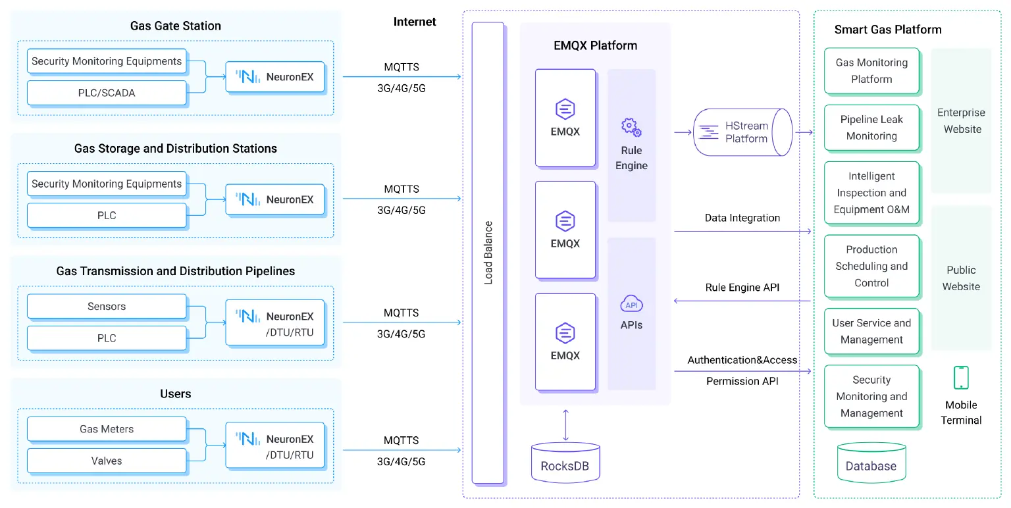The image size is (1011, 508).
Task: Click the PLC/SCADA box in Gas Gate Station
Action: (x=107, y=93)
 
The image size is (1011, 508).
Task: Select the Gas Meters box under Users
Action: (x=107, y=429)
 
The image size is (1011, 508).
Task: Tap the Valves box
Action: (x=107, y=461)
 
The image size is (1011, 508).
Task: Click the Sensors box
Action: (x=107, y=307)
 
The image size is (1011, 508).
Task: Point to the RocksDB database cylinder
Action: (x=565, y=462)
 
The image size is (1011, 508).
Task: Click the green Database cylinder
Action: (x=871, y=462)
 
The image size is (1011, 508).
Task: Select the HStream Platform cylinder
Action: (x=742, y=132)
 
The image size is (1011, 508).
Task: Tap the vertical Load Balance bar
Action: (x=488, y=253)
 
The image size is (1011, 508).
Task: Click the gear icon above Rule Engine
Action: (x=631, y=127)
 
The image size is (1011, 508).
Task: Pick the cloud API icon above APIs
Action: (x=631, y=304)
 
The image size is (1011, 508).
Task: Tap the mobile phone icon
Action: (x=961, y=378)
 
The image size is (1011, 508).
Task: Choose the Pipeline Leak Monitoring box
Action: (x=871, y=128)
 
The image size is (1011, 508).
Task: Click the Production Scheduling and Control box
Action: (x=871, y=267)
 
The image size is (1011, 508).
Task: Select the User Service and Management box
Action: (x=871, y=332)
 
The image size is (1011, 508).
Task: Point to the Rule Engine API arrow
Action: (x=742, y=301)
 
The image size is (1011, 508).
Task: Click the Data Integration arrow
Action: (x=742, y=231)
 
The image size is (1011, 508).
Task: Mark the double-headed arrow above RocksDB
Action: (x=565, y=425)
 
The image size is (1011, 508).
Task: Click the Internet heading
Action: (x=415, y=22)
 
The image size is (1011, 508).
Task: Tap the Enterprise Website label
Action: (x=962, y=121)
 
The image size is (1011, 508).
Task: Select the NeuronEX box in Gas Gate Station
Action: (x=275, y=77)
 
